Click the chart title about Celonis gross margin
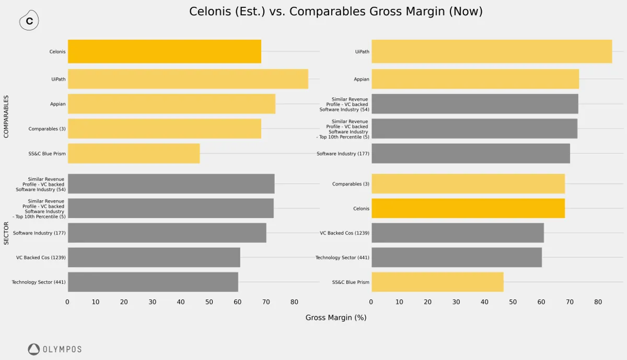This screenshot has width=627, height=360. coord(335,11)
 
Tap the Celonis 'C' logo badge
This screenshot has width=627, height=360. coord(29,21)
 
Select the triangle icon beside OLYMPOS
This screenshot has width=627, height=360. coord(34,349)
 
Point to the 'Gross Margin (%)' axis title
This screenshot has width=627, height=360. coord(335,318)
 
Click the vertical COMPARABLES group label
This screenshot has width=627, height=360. coord(7,117)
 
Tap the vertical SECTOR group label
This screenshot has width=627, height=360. coord(7,233)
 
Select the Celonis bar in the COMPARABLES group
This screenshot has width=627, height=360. coord(164,52)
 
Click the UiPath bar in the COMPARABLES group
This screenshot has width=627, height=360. coord(188,79)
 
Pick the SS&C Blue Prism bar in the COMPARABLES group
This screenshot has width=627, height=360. coord(133,154)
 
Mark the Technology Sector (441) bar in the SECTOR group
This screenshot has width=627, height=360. coord(153,282)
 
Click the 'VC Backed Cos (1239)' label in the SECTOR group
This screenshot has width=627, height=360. coord(41,258)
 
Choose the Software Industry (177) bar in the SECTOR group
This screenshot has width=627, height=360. coord(167,233)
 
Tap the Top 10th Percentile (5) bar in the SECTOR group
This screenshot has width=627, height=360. coord(170,208)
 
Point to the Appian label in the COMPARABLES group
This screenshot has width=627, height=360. coord(58,104)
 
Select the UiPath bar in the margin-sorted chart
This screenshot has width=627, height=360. coord(491,52)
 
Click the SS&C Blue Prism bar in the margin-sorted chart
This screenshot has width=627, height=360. coord(437,282)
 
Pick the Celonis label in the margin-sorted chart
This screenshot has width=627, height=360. coord(361,208)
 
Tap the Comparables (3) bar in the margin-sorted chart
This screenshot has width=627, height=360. coord(468,184)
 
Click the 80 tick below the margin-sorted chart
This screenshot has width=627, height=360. coord(598,302)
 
